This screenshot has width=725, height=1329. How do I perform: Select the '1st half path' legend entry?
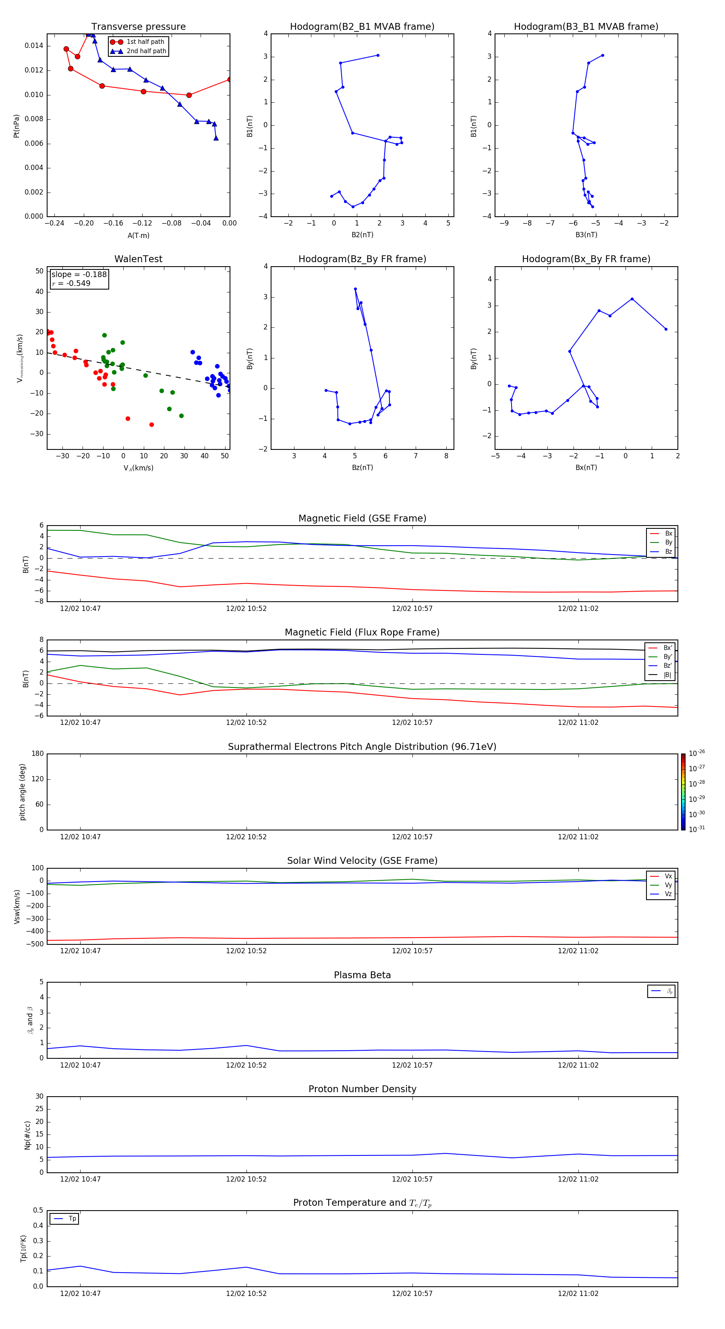(145, 42)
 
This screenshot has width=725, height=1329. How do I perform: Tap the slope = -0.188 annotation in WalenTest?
(79, 275)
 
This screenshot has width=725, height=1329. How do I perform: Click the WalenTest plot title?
(138, 259)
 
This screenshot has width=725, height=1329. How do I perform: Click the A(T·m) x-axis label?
(138, 236)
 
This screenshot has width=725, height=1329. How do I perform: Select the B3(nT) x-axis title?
(586, 235)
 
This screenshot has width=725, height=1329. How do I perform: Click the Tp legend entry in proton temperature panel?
(72, 1219)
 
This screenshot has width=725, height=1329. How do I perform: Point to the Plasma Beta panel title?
(362, 975)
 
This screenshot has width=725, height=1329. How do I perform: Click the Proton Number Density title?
(362, 1089)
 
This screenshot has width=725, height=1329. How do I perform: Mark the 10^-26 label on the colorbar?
(697, 753)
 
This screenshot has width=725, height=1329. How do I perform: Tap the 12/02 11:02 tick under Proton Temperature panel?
(578, 1294)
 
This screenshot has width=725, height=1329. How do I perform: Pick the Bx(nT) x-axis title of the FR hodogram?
(586, 468)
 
